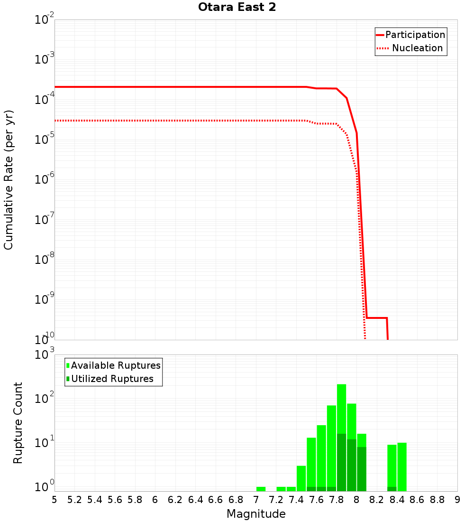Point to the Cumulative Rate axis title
pos(9,179)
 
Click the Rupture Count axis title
pos(18,423)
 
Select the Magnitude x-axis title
pos(256,514)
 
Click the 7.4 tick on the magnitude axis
pos(296,500)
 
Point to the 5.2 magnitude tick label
pos(74,500)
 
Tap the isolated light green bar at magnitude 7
pos(261,489)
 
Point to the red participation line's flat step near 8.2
pos(377,318)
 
